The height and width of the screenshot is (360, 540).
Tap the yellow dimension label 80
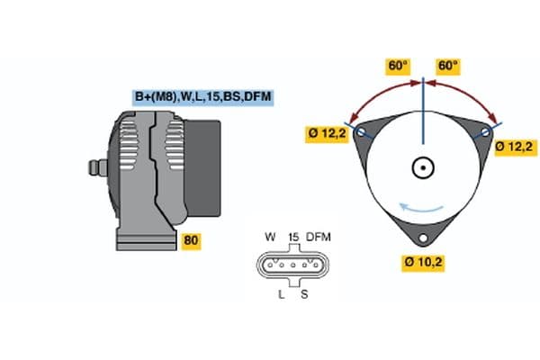191,240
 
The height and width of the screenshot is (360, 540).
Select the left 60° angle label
398,67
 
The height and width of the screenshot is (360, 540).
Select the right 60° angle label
448,67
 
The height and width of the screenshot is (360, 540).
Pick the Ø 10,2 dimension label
423,262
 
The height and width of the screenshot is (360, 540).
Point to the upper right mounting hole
486,131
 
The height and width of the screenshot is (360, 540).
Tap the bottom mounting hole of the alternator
423,238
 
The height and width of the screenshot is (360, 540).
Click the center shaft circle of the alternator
423,167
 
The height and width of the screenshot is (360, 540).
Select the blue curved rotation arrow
423,208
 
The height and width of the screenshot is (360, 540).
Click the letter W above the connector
270,237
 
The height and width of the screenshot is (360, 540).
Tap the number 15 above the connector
292,237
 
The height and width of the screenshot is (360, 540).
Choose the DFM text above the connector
319,237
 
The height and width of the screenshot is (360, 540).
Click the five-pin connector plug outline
292,265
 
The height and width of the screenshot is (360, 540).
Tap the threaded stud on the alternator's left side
93,167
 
